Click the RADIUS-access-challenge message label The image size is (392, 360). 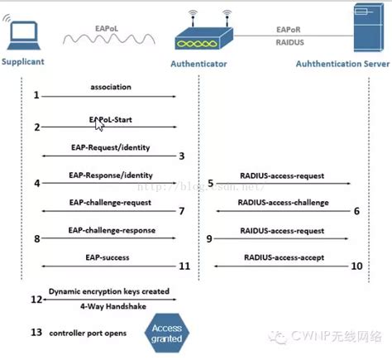(x=283, y=201)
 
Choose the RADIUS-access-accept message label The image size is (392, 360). (x=283, y=257)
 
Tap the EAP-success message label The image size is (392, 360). (x=108, y=258)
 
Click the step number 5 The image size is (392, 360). (x=211, y=183)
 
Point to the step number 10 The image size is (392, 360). (x=356, y=266)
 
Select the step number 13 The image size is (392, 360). (x=36, y=332)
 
